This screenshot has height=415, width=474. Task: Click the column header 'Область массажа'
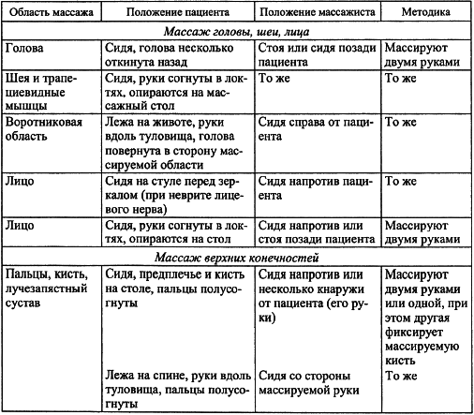pyautogui.click(x=49, y=18)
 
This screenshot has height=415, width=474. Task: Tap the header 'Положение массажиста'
pyautogui.click(x=316, y=18)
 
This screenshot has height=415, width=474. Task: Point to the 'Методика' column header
pyautogui.click(x=426, y=18)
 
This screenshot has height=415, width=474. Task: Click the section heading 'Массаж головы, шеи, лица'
pyautogui.click(x=236, y=35)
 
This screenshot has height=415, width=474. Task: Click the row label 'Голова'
pyautogui.click(x=23, y=46)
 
